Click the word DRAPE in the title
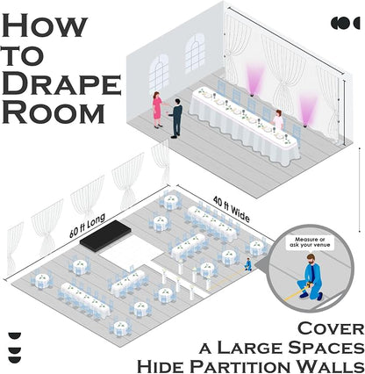click(61, 84)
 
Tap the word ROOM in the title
click(54, 113)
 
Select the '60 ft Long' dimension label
click(87, 226)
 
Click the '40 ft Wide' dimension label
click(232, 210)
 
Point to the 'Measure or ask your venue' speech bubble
click(310, 242)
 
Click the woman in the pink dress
click(158, 110)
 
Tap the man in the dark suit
click(176, 119)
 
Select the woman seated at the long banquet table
click(278, 120)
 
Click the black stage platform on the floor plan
click(105, 235)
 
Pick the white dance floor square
click(130, 251)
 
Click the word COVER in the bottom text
click(331, 328)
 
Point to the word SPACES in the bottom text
click(324, 348)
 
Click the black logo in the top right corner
click(345, 23)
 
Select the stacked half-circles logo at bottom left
click(15, 348)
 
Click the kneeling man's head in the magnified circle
click(311, 259)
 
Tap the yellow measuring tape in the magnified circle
click(296, 293)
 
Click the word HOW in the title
click(45, 26)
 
